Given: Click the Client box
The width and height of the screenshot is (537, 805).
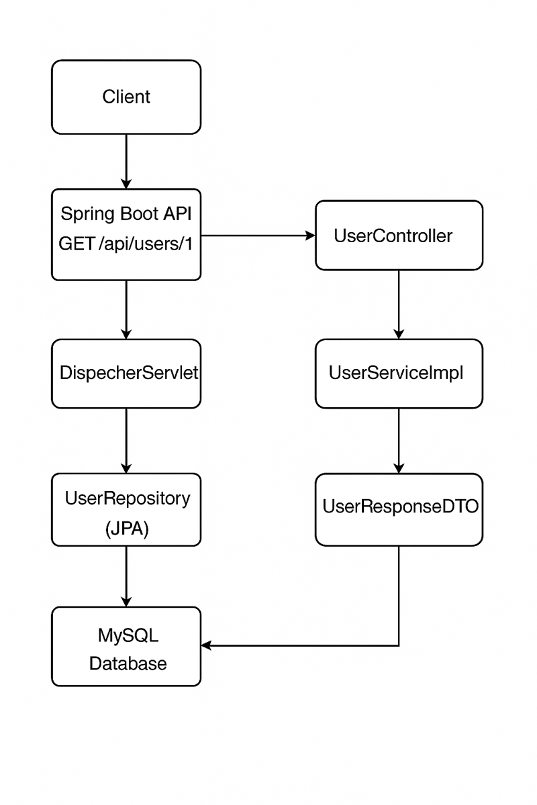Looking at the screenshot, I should (126, 97).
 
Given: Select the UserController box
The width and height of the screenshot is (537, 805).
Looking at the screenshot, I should (399, 235).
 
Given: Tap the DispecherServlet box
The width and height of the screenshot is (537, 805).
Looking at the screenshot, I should (126, 374).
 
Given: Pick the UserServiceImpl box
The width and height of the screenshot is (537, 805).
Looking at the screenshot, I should (399, 374).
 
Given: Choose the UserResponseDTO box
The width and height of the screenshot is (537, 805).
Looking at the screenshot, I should (399, 508).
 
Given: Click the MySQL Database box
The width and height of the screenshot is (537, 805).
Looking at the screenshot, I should (126, 646).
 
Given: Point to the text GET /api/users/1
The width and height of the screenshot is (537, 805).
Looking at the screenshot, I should (126, 244).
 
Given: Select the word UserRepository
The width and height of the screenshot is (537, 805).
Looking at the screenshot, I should (127, 498).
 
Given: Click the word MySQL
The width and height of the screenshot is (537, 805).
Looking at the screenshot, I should (128, 634).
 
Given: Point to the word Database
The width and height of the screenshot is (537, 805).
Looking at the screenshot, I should (128, 664).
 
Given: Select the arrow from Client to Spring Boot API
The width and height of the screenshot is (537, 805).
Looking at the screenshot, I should (126, 161).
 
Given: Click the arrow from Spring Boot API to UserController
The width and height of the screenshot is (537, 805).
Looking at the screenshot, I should (258, 235).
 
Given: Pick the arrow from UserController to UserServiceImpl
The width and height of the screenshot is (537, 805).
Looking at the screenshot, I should (399, 305).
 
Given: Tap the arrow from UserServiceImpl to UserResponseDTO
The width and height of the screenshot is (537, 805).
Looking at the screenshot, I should (399, 440).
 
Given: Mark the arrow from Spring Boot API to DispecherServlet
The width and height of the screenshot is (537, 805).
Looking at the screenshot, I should (126, 309).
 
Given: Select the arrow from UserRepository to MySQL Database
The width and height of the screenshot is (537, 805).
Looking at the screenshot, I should (126, 576).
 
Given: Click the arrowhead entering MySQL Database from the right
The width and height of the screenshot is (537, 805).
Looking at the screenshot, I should (207, 646).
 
